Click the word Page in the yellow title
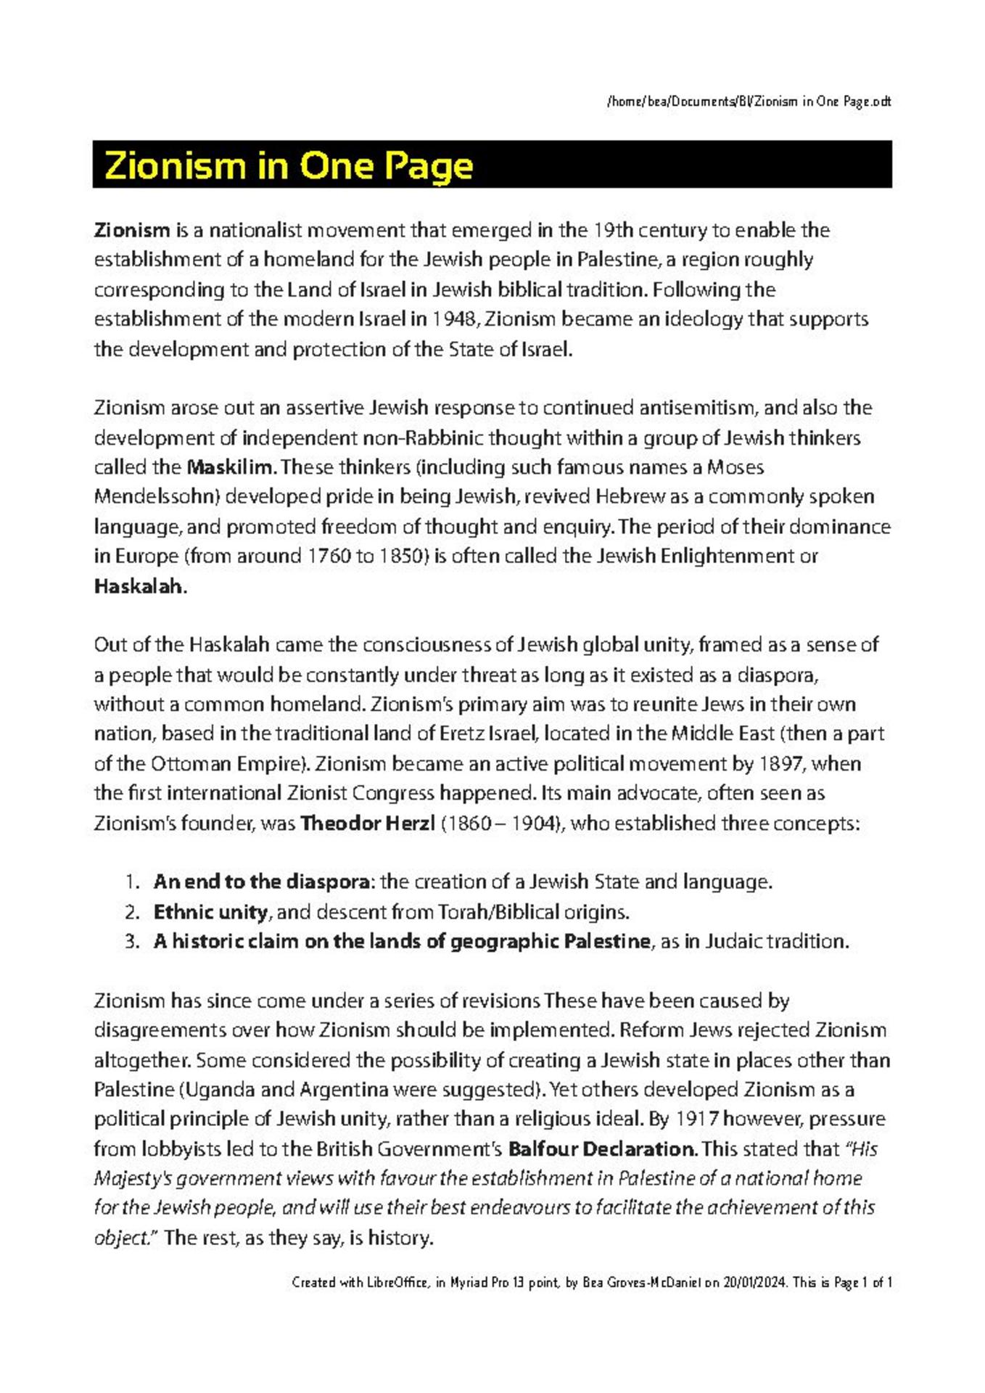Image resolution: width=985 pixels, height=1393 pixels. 429,166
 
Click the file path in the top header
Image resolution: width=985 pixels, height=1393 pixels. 748,102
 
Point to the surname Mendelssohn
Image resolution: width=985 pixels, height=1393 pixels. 156,496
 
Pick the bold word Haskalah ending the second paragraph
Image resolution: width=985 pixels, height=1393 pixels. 140,586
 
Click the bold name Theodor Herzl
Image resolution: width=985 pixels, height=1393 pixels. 368,823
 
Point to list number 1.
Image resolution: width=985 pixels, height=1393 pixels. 131,882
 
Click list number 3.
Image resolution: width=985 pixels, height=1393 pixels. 131,942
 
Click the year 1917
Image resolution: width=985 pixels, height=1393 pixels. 696,1119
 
